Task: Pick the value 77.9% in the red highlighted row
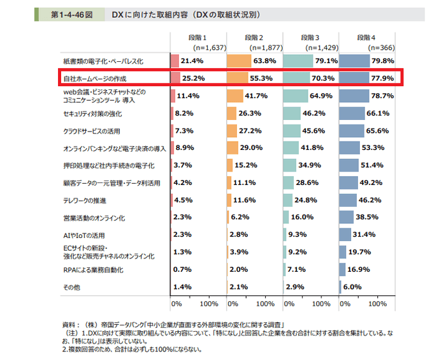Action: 380,78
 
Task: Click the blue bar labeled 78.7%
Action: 354,96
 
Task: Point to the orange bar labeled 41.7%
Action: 234,96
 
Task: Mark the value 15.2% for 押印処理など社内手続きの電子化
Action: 249,166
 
